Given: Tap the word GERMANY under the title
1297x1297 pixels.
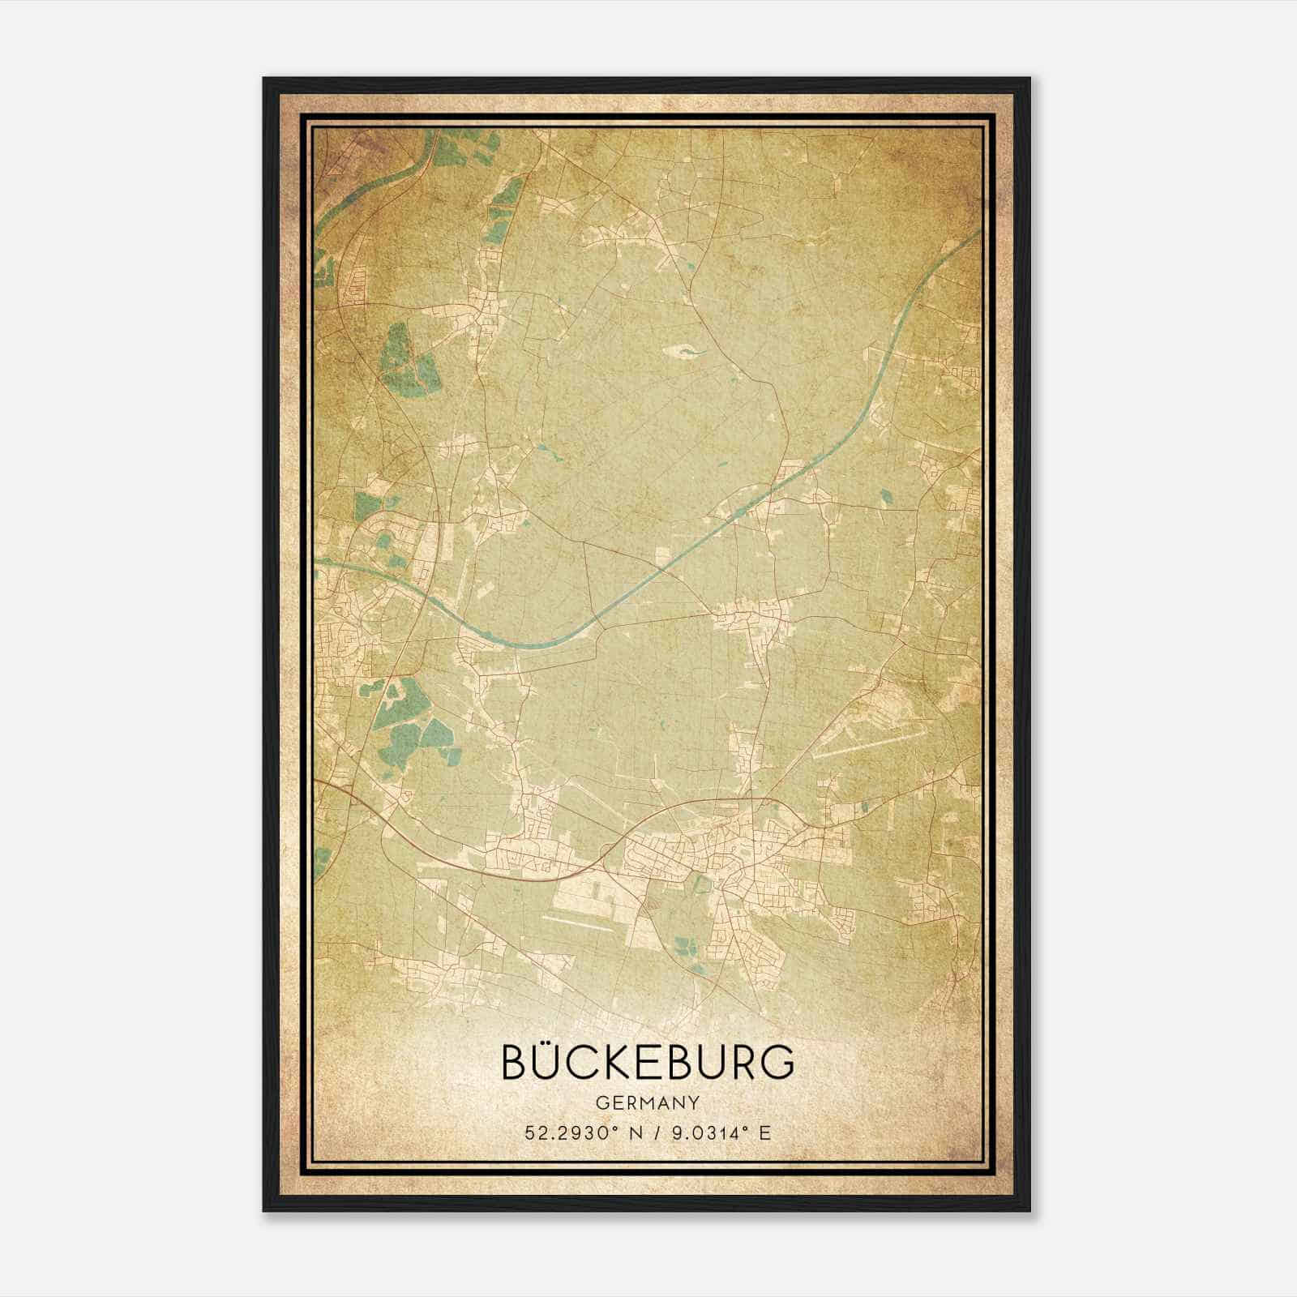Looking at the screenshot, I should (648, 1103).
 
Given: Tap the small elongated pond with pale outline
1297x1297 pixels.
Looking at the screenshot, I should (679, 351).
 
